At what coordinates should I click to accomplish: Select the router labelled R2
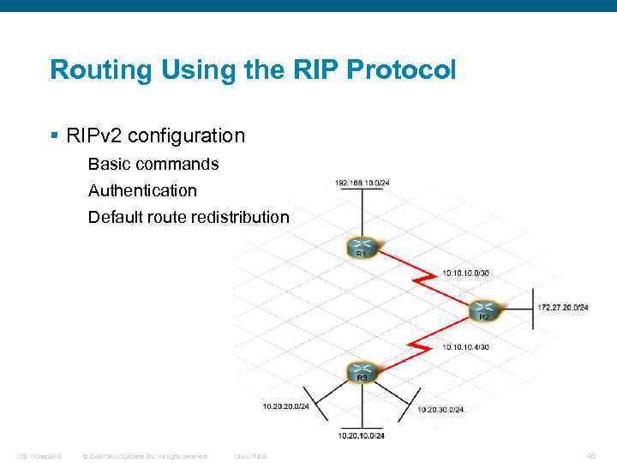point(483,310)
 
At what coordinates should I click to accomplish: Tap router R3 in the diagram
point(362,372)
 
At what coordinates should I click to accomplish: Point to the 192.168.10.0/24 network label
point(362,183)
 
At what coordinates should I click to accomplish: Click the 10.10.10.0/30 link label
point(466,273)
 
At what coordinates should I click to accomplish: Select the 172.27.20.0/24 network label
point(562,307)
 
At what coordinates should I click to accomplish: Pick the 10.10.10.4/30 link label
point(465,346)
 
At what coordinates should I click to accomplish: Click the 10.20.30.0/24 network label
point(440,409)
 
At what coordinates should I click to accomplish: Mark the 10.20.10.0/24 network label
point(362,436)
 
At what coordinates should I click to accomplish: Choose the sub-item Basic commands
point(153,163)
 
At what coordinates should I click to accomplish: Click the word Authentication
point(142,190)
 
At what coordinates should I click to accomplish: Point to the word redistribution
point(239,217)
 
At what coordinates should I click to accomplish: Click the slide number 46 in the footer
point(590,455)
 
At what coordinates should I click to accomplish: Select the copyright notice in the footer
point(145,455)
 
